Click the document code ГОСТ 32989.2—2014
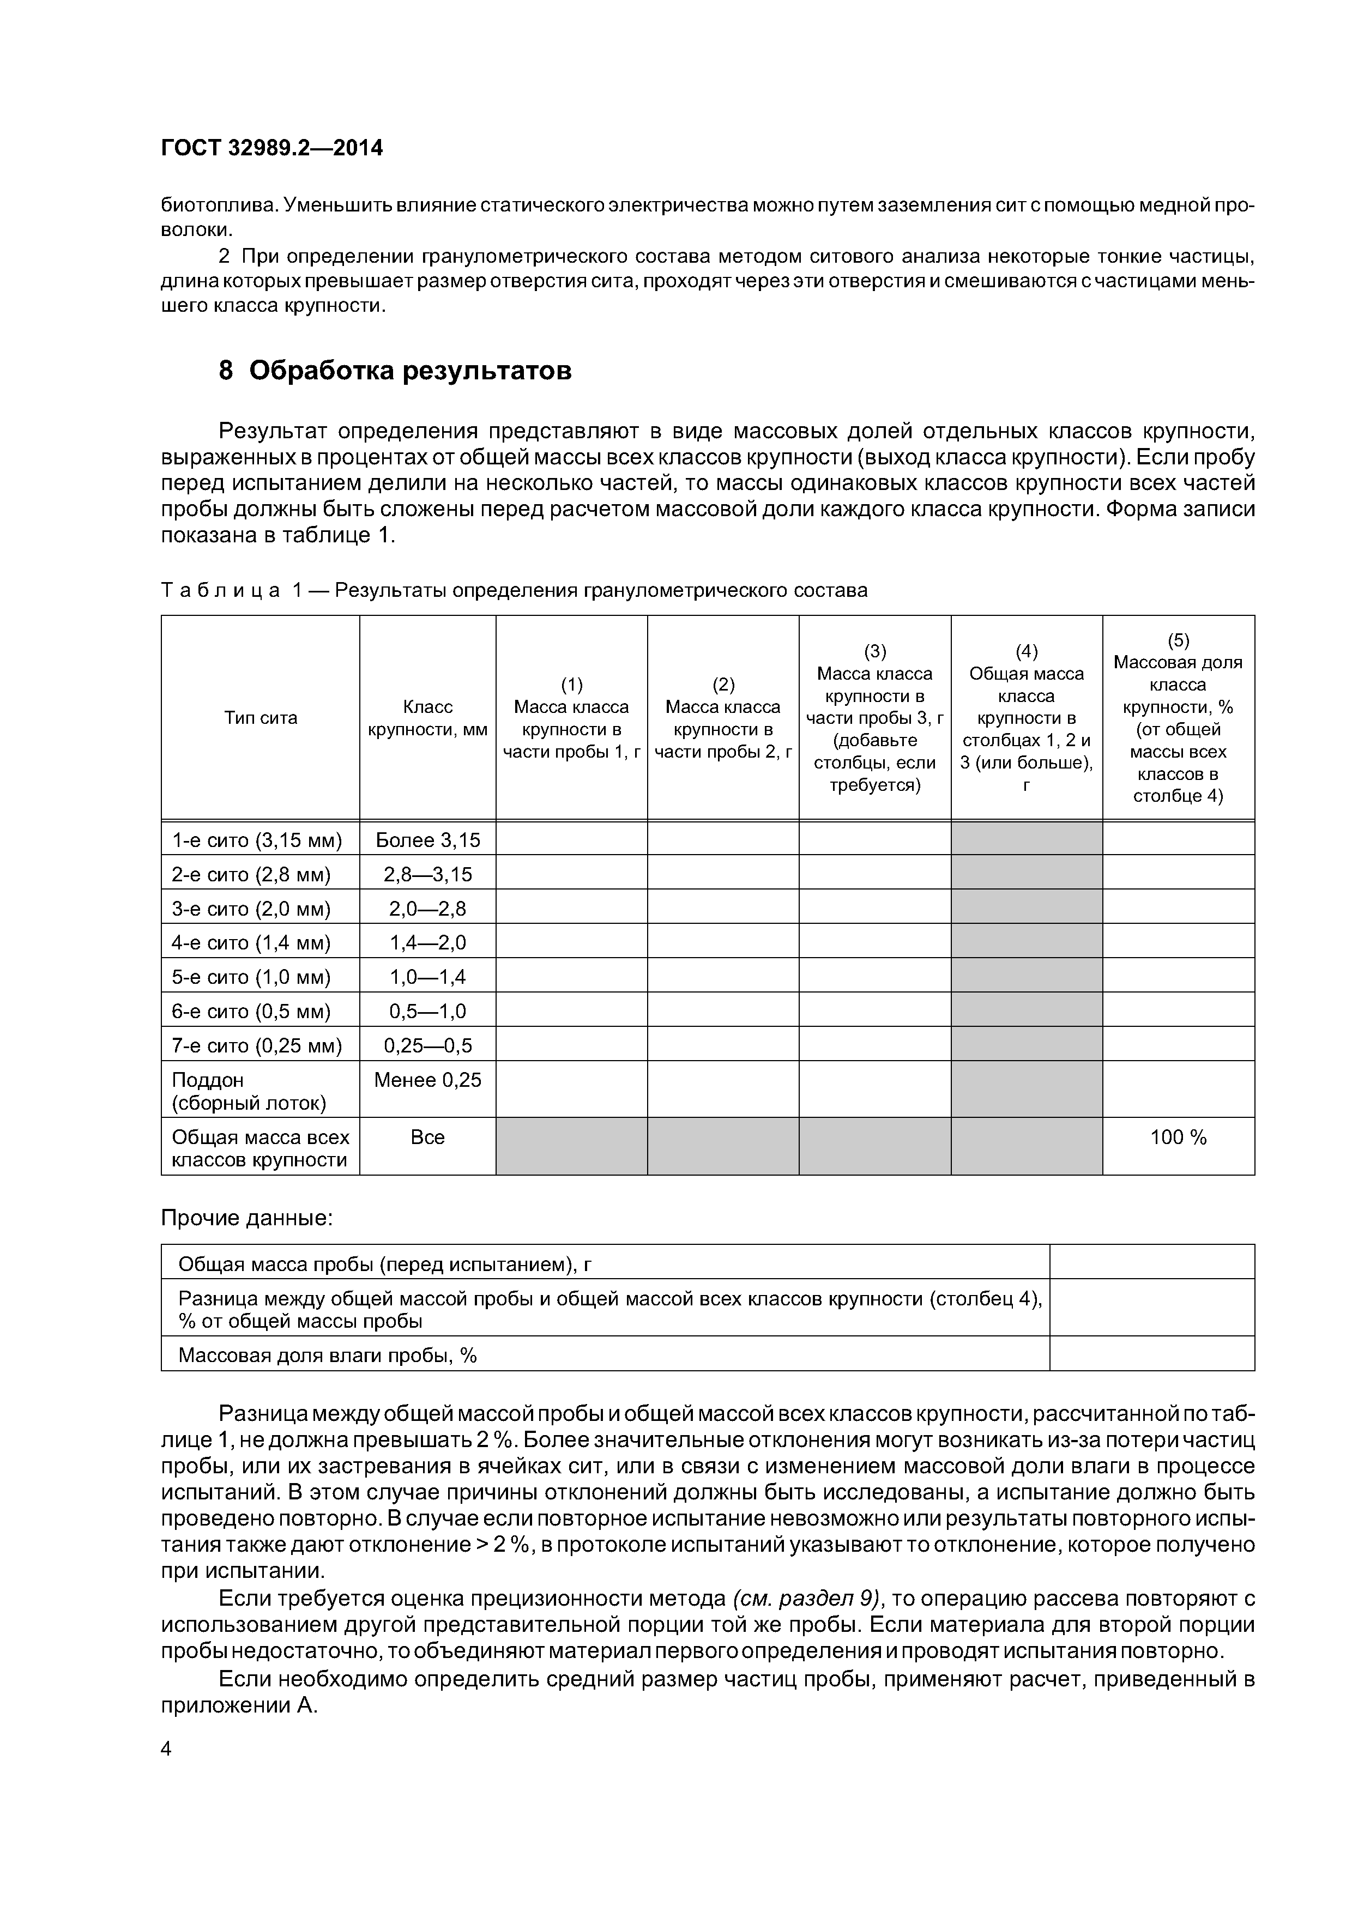pyautogui.click(x=271, y=148)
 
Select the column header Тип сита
pyautogui.click(x=261, y=718)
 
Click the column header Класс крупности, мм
pyautogui.click(x=427, y=718)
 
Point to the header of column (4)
pyautogui.click(x=1027, y=718)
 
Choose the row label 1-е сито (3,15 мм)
pyautogui.click(x=257, y=840)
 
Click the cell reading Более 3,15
pyautogui.click(x=427, y=840)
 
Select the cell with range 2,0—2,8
pyautogui.click(x=427, y=909)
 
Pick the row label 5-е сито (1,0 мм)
pyautogui.click(x=251, y=977)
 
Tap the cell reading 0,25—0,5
pyautogui.click(x=427, y=1045)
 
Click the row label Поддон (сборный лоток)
pyautogui.click(x=248, y=1091)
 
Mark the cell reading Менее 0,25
pyautogui.click(x=427, y=1080)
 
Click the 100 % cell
pyautogui.click(x=1178, y=1137)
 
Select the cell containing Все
pyautogui.click(x=427, y=1137)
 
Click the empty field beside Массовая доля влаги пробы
pyautogui.click(x=1151, y=1356)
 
